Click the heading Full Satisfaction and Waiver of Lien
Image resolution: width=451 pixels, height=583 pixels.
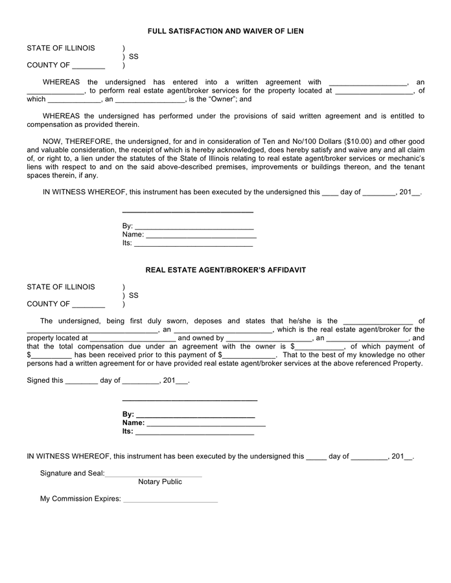225,31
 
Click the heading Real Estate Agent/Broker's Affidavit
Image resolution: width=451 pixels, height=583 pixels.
225,269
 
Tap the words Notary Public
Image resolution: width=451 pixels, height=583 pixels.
160,482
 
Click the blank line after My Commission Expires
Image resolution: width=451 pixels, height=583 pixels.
170,500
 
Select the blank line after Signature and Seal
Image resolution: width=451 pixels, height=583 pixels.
154,474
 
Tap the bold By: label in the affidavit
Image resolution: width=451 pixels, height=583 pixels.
128,415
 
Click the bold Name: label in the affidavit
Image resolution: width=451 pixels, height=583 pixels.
133,423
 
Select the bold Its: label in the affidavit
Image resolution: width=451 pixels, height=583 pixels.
128,431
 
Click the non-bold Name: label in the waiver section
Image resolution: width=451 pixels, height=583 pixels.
133,234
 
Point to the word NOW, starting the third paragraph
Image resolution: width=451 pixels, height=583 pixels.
54,141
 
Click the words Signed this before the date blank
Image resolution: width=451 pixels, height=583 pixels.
45,381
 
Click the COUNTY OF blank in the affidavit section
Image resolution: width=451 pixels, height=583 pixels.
89,304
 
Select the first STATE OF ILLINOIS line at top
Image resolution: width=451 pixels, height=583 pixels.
61,49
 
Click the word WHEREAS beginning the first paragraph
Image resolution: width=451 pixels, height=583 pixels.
62,82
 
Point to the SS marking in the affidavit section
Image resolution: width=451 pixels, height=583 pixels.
133,296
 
